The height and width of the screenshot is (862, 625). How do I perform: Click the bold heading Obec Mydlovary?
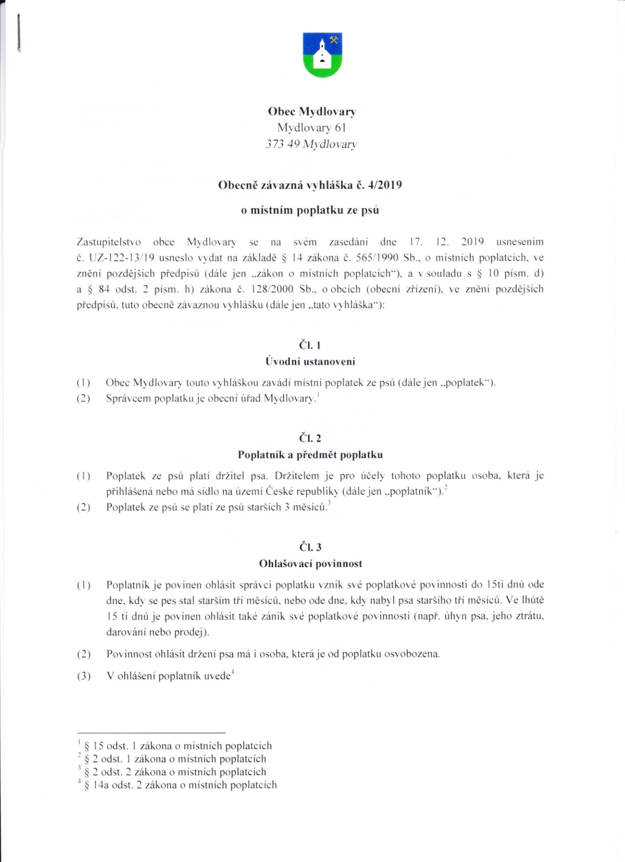[x=312, y=111]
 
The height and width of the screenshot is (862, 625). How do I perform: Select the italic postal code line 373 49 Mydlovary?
[x=311, y=144]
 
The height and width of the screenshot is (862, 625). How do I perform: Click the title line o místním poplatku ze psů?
[x=310, y=210]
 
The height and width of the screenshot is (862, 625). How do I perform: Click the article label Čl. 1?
[x=310, y=345]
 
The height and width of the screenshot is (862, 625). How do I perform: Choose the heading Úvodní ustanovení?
[x=310, y=362]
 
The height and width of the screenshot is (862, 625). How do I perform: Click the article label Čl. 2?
[x=310, y=438]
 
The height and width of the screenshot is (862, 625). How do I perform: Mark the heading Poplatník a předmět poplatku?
[x=310, y=455]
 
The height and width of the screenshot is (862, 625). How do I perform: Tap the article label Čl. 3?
[x=310, y=547]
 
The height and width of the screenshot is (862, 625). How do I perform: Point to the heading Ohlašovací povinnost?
[x=310, y=564]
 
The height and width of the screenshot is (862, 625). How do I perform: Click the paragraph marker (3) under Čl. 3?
[x=84, y=676]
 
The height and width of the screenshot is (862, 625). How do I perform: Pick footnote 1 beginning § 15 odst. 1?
[x=177, y=746]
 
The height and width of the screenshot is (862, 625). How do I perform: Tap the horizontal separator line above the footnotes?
[x=151, y=732]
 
